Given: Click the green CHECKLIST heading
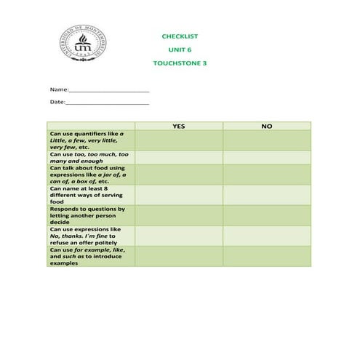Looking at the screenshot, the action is coord(179,36).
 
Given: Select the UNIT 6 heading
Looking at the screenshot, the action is coord(179,49).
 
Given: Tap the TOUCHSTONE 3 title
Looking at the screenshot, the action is coord(180,63).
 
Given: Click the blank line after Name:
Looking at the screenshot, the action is coord(109,89).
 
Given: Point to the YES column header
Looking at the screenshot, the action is coord(179,126).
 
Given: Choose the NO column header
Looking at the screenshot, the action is coord(266,126).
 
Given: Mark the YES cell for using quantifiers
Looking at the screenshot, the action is coord(179,140).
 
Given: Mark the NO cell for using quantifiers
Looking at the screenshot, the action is coord(266,140).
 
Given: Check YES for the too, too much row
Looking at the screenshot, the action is coord(179,157).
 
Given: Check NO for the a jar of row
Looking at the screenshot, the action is coord(266,175).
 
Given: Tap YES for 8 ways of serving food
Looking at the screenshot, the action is coord(179,195).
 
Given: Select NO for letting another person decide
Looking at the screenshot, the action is coord(266,215).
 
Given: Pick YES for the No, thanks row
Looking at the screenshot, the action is coord(179,236).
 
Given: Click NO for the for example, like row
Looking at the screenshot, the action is coord(266,256).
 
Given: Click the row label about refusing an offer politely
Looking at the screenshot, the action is coord(87,236).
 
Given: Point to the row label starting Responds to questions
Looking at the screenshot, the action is coord(87,215).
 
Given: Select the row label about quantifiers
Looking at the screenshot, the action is coord(87,140).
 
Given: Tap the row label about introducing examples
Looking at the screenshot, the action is coord(87,256).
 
